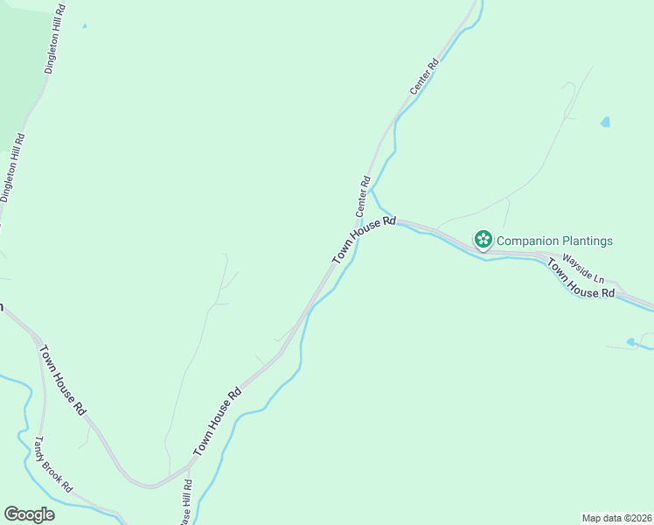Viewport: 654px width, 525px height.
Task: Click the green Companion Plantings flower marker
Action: coord(482,240)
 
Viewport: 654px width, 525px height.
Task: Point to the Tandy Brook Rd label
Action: coord(53,464)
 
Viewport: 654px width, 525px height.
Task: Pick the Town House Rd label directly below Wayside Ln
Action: coord(581,279)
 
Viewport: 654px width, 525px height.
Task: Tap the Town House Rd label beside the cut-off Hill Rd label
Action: coord(216,423)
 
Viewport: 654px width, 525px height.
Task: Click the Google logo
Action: coord(29,514)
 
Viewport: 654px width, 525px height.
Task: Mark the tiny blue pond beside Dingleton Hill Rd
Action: coord(85,25)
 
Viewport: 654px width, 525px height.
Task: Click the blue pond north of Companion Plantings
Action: coord(605,122)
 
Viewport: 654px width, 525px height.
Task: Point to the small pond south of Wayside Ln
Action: coord(631,342)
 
